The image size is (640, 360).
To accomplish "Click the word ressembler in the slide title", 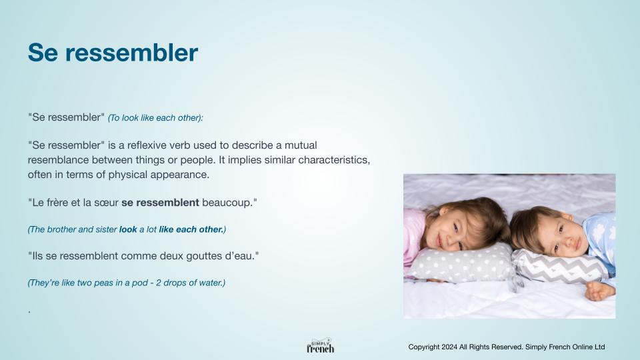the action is click(131, 53).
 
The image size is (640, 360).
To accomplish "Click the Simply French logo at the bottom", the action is click(321, 346).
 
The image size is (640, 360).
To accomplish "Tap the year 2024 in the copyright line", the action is click(449, 347).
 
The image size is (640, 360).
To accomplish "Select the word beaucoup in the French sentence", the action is click(227, 203).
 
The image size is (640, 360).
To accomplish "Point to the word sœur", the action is click(106, 203).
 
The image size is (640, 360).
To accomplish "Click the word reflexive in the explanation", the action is click(147, 145).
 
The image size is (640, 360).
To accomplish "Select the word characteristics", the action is click(334, 160).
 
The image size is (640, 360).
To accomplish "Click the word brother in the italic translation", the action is click(62, 229).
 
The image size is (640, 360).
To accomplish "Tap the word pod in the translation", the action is click(139, 283).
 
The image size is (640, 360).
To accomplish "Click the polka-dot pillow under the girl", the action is click(461, 264).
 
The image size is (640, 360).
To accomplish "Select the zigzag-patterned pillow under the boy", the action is click(559, 267).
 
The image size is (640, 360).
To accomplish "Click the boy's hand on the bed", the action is click(599, 291).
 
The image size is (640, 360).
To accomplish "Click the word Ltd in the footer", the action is click(600, 347).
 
